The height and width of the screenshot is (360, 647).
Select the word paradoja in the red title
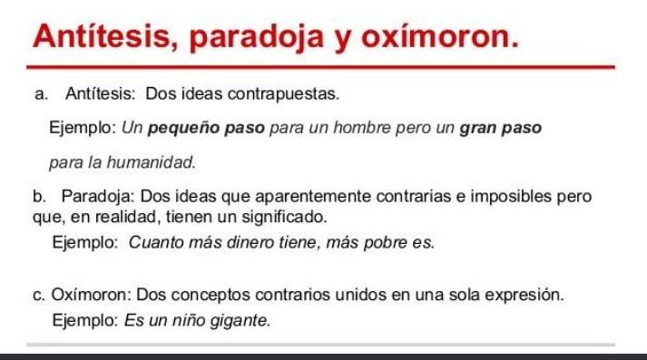257,38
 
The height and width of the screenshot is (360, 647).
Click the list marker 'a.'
41,94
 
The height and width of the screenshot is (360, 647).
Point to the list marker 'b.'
39,196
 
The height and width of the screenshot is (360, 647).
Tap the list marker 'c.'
39,296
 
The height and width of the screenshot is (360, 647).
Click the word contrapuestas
283,94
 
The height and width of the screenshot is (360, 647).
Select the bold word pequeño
183,129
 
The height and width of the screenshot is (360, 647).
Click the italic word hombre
362,128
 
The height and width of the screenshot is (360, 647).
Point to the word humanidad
151,162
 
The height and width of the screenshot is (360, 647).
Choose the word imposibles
511,196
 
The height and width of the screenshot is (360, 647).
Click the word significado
284,217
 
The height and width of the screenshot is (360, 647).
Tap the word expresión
524,296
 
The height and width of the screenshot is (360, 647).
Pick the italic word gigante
240,321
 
